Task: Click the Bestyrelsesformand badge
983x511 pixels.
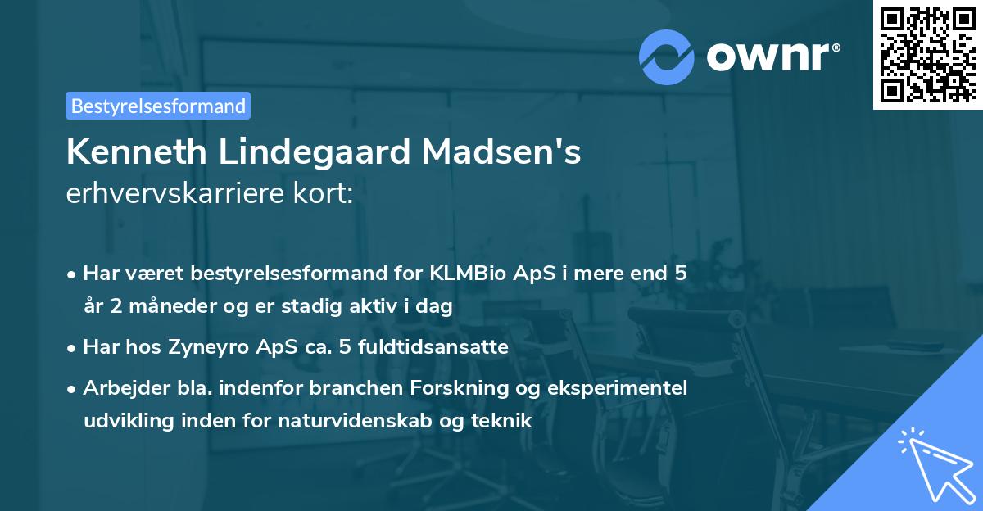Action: point(158,106)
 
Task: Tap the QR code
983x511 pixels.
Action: point(927,54)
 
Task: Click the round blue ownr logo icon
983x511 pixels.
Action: point(667,57)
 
